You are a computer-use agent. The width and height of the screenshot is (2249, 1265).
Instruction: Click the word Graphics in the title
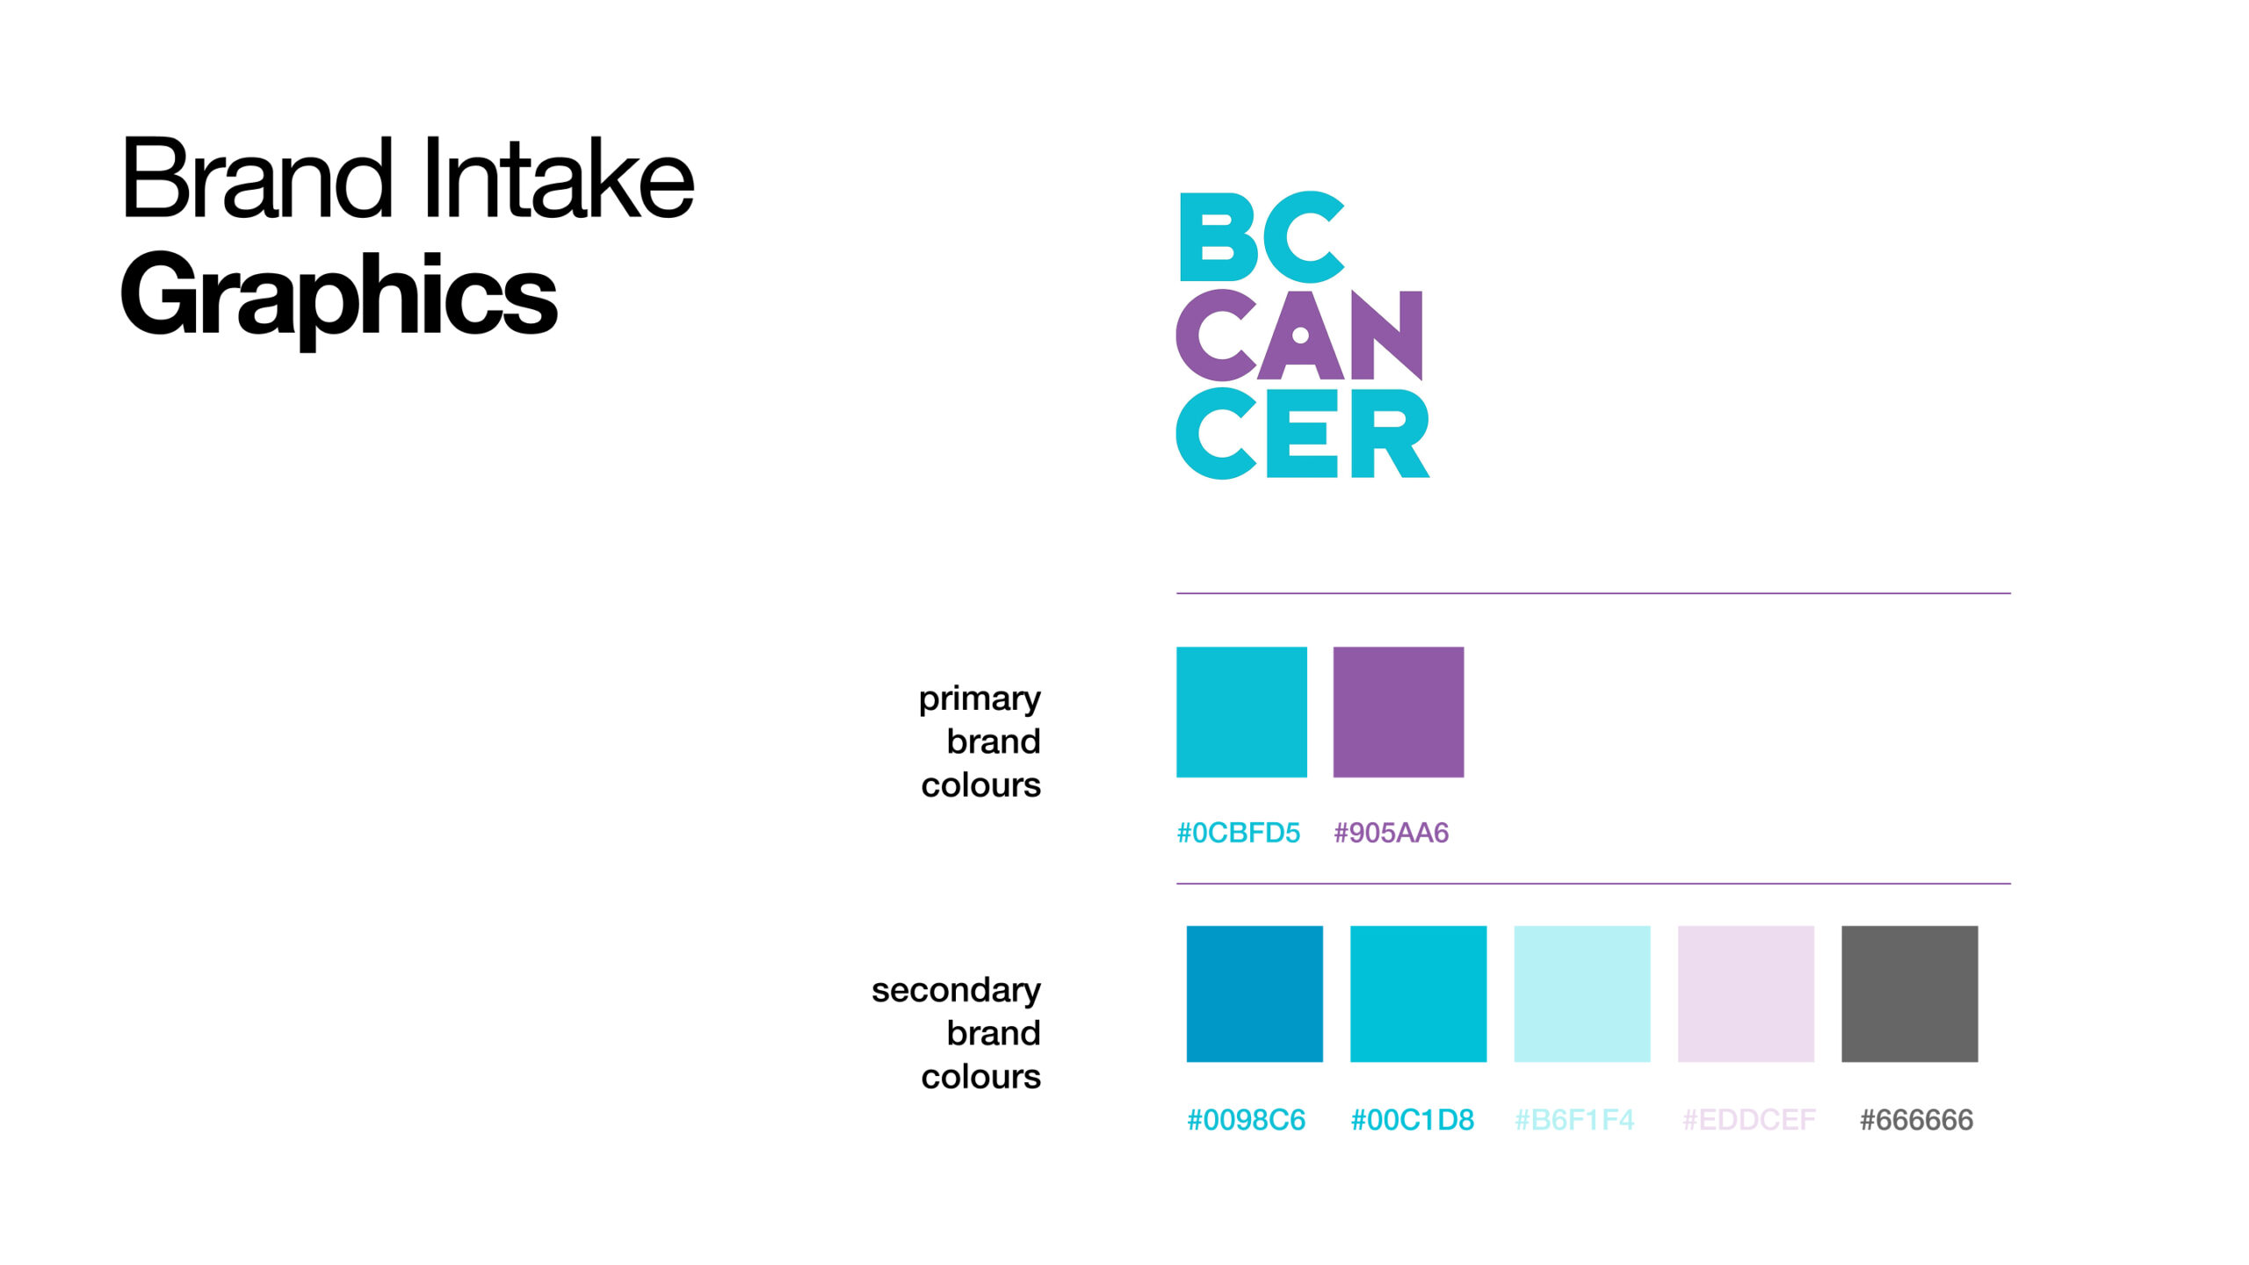339,297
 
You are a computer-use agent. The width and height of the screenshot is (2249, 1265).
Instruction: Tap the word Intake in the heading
559,177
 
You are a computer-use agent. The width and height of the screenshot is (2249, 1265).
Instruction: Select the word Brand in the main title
257,177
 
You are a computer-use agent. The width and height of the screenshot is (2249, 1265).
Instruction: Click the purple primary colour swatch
1399,712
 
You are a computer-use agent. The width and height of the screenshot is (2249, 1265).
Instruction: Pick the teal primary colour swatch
1241,712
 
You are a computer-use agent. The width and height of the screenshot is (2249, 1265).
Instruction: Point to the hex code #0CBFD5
1238,833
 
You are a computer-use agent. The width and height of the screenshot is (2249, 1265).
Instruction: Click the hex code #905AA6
1391,833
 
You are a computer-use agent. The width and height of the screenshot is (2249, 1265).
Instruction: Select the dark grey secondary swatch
1910,994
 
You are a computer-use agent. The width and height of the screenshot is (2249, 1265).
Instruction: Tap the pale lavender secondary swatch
1746,994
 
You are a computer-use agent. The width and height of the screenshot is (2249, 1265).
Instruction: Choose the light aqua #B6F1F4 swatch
1582,994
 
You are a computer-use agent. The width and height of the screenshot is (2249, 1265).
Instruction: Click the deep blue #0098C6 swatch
1255,994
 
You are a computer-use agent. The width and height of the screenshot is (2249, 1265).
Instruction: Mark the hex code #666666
1916,1120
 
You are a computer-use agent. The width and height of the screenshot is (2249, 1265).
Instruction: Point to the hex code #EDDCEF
1748,1120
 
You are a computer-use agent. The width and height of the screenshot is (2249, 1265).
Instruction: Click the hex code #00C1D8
1412,1120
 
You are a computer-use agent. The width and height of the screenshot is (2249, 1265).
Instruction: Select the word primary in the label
980,700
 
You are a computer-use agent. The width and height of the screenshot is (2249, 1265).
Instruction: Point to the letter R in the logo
1390,434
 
